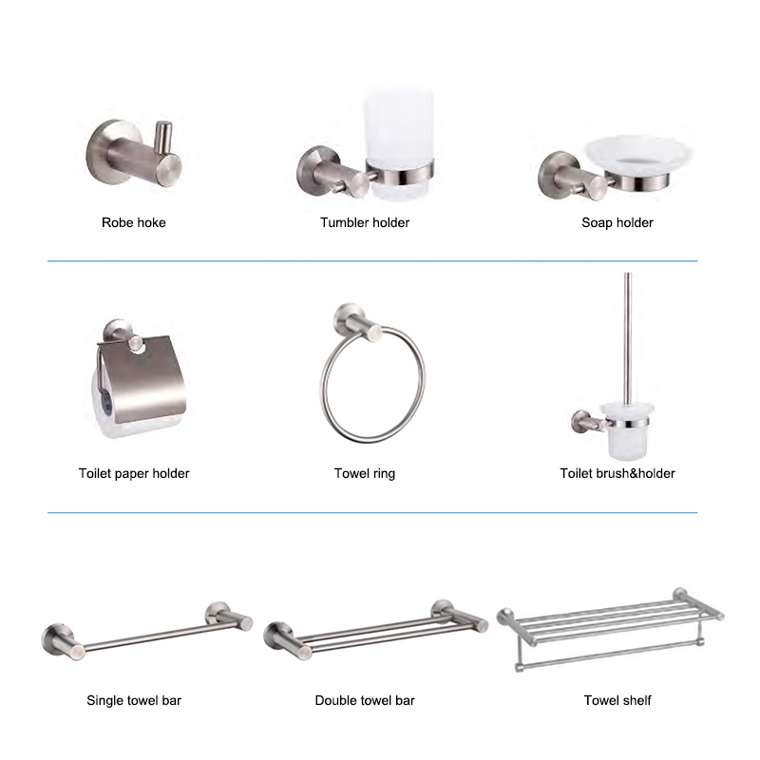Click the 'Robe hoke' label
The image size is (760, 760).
point(134,222)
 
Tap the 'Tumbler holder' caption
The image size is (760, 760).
point(365,222)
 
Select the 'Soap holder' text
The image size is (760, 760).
point(617,223)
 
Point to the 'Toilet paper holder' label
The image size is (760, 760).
point(134,473)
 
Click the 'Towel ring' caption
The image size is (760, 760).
point(365,473)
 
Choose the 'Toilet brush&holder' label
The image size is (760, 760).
point(617,473)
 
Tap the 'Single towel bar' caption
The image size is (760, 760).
point(134,700)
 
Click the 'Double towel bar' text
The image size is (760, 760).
point(365,700)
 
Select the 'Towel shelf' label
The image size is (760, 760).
point(617,700)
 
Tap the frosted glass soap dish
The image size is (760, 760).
point(638,154)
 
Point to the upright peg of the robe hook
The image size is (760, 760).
point(162,138)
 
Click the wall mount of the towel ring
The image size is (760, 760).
point(358,322)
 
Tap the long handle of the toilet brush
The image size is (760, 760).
point(628,338)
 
